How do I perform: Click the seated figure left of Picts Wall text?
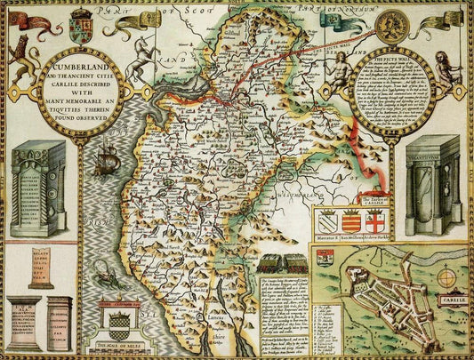pyautogui.click(x=334, y=76)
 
